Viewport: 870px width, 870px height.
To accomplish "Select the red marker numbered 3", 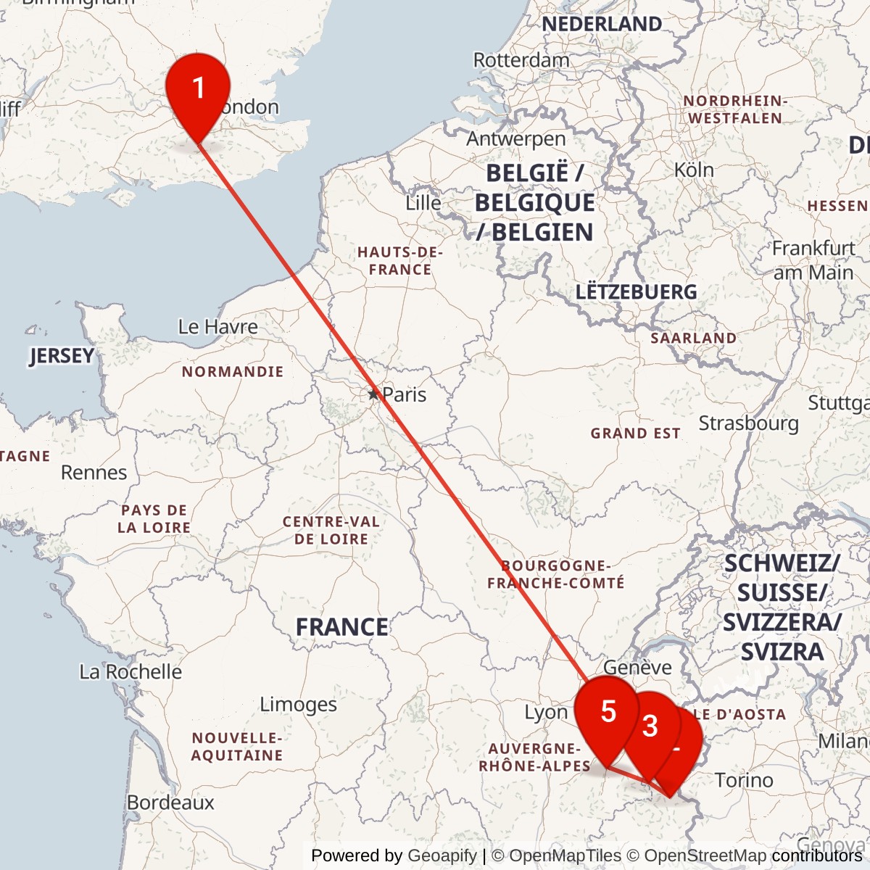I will point(650,726).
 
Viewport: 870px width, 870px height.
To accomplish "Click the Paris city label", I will point(404,394).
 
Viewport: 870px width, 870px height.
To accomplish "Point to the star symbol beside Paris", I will point(373,394).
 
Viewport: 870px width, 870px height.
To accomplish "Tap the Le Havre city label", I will point(217,327).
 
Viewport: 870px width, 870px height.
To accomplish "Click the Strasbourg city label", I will point(748,423).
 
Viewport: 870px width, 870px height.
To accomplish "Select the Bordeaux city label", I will point(170,803).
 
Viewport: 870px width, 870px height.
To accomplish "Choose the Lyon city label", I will point(546,713).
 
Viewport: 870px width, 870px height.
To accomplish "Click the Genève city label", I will point(637,667).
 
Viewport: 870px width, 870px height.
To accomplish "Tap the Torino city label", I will point(744,780).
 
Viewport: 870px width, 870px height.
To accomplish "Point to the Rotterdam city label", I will point(521,60).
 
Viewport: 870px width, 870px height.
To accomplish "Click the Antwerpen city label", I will point(515,138).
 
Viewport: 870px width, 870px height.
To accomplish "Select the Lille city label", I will point(423,203).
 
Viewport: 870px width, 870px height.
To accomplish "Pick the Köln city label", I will point(694,170).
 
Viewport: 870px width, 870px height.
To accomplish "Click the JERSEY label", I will point(62,356).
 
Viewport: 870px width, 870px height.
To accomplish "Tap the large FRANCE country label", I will point(341,626).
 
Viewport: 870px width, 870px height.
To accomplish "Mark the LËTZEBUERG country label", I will point(636,292).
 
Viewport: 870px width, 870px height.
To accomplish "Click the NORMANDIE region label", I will point(232,372).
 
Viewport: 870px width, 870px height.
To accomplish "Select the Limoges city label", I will point(298,704).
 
